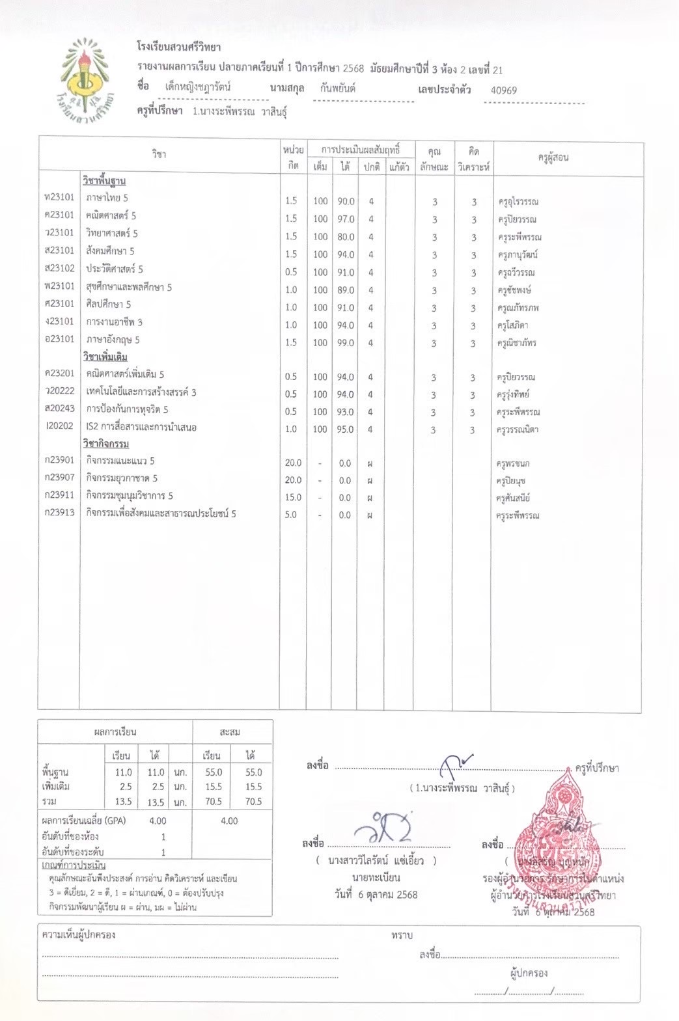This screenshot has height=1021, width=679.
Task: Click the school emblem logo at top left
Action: (x=90, y=82)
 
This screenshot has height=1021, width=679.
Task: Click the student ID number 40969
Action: (x=504, y=90)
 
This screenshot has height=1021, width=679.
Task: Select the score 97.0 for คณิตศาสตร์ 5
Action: (x=346, y=219)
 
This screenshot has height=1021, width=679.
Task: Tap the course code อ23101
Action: (x=59, y=339)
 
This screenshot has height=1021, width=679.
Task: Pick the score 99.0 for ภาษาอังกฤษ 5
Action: (x=346, y=343)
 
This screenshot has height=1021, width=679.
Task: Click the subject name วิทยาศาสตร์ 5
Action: (x=112, y=233)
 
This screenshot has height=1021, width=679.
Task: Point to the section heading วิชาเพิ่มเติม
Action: (x=105, y=357)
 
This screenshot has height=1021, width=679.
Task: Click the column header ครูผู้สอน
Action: (x=553, y=157)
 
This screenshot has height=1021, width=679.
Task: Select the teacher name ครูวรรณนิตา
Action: (x=518, y=429)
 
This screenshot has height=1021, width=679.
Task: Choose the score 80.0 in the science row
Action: (x=346, y=237)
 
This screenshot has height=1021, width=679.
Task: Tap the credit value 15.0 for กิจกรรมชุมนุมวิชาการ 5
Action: (x=293, y=497)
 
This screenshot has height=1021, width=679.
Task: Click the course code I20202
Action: (x=59, y=427)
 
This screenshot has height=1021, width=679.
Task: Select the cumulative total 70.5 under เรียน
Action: (x=212, y=802)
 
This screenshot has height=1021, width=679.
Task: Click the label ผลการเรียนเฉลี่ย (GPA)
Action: (x=83, y=821)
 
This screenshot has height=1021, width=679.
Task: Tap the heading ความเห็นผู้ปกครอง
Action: (x=79, y=935)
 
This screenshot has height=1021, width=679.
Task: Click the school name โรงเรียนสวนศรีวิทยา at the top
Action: (x=179, y=47)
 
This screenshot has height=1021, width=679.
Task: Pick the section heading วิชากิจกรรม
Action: (x=105, y=444)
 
